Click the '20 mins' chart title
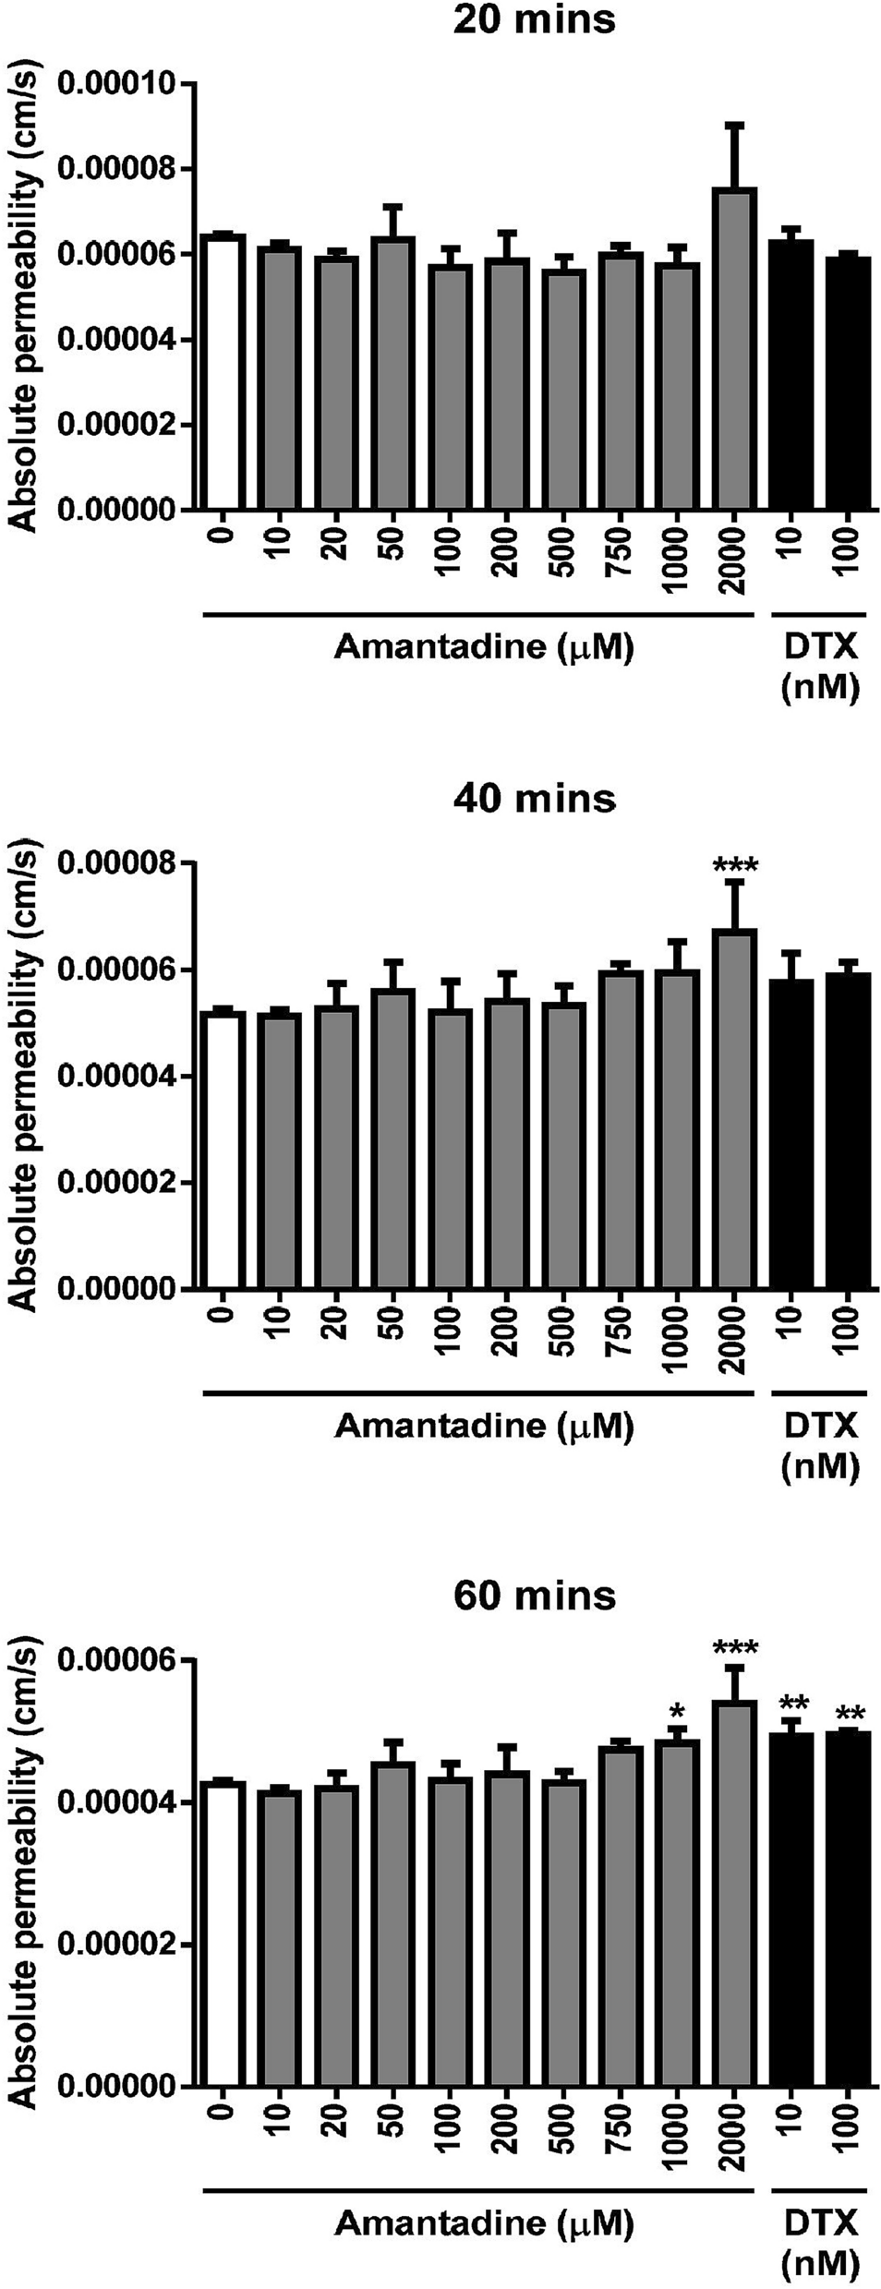(534, 20)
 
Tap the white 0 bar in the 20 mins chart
(223, 374)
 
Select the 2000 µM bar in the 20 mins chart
(734, 351)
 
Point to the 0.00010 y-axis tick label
(116, 85)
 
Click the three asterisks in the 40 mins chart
(735, 866)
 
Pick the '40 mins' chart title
(534, 798)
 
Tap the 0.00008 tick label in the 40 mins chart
(116, 863)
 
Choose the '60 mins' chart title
(534, 1596)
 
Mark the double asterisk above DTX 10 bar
(793, 1704)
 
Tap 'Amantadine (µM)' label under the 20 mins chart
(484, 647)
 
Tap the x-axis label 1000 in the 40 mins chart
(677, 1340)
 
